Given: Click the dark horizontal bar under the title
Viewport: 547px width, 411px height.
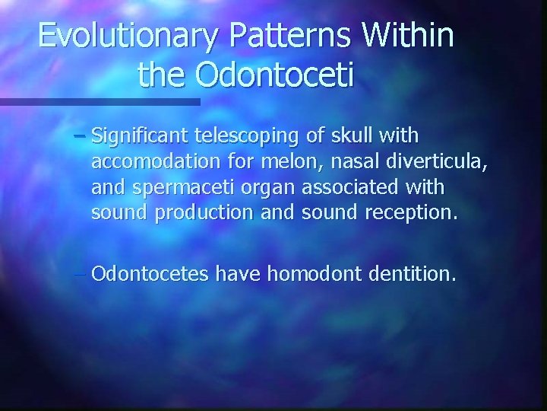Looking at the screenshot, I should point(99,101).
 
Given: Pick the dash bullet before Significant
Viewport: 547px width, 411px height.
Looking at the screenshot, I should point(99,136).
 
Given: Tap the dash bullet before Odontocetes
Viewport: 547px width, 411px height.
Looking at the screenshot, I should point(81,273).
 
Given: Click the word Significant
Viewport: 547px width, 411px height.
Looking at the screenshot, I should point(151,136).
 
